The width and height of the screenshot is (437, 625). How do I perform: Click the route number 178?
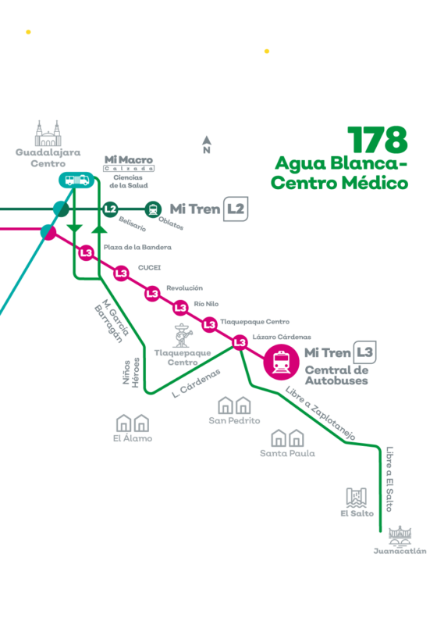(x=378, y=140)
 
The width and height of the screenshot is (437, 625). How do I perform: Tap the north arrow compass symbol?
(x=207, y=145)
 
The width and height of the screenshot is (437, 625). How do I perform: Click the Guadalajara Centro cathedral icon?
(x=48, y=133)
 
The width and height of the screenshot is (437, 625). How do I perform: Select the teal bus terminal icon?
(x=76, y=180)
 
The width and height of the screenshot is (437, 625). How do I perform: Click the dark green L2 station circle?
(x=110, y=209)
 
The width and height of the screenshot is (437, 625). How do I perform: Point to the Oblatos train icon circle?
(x=153, y=209)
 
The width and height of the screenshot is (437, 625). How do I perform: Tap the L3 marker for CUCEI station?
(x=121, y=273)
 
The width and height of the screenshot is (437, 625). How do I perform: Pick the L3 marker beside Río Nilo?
(x=180, y=307)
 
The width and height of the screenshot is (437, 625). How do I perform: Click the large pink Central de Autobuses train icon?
(x=282, y=362)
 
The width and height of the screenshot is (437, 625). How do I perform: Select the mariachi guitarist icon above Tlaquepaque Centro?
(x=183, y=335)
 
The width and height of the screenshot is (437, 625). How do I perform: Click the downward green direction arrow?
(x=74, y=228)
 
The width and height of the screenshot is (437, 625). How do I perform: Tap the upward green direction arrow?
(x=99, y=228)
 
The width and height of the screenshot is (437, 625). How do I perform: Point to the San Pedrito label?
(x=234, y=420)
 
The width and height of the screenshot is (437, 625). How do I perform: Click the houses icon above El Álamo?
(x=133, y=423)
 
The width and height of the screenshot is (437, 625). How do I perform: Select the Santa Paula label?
(x=287, y=453)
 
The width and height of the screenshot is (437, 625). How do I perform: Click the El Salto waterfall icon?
(x=356, y=498)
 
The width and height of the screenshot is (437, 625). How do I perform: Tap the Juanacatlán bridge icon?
(x=400, y=535)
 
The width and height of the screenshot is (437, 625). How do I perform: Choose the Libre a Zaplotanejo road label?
(x=320, y=413)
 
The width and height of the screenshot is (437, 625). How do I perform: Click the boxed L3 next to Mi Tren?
(x=364, y=352)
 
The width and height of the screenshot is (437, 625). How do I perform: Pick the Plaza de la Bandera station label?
(x=137, y=247)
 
